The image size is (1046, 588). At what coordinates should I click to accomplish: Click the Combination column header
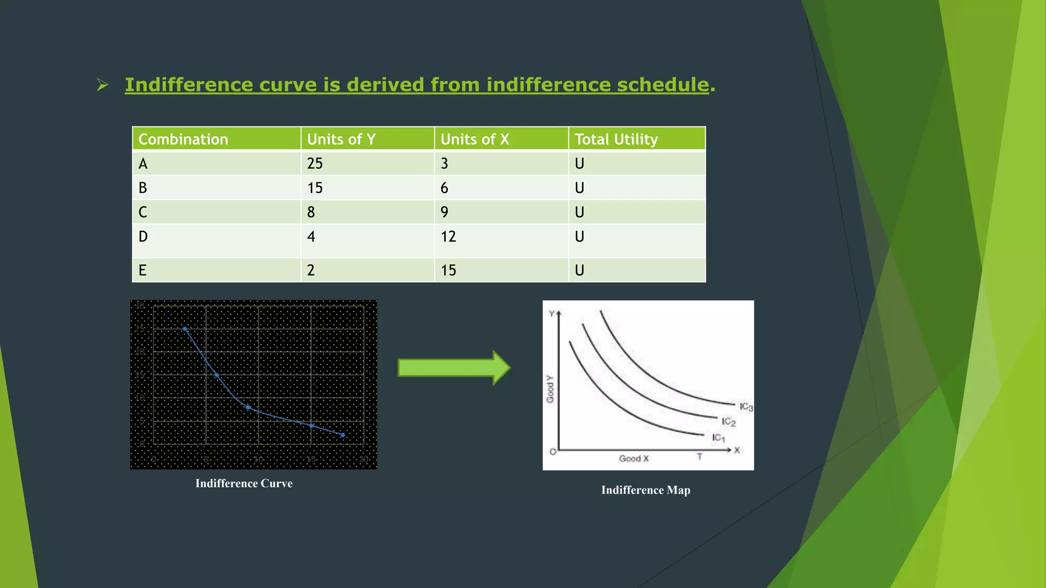click(x=183, y=139)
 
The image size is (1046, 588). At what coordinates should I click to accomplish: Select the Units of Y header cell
click(x=341, y=139)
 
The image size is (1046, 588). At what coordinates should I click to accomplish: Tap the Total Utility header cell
click(x=616, y=139)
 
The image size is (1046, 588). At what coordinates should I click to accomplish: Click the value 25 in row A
click(x=315, y=163)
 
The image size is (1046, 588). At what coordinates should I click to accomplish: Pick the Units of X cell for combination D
click(x=448, y=237)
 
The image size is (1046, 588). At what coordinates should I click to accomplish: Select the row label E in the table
click(x=142, y=270)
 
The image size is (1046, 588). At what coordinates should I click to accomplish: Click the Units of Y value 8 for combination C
click(x=311, y=212)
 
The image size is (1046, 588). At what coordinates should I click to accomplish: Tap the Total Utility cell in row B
click(x=579, y=188)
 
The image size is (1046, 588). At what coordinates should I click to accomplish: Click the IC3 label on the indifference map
click(x=746, y=406)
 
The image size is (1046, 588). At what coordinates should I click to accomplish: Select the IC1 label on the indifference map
click(x=718, y=437)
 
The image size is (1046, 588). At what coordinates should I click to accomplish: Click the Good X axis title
click(x=633, y=458)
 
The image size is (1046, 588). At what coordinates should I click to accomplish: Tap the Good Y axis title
click(x=550, y=389)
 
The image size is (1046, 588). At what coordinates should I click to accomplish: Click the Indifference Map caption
click(x=646, y=490)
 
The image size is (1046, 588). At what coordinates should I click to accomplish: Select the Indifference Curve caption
click(x=244, y=483)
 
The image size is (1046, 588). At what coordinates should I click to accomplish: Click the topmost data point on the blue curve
click(x=185, y=329)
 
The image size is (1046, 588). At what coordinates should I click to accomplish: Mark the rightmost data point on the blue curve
click(x=343, y=435)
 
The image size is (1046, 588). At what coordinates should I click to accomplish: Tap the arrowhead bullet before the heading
click(x=103, y=85)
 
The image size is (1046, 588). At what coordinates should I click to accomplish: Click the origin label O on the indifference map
click(x=552, y=451)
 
